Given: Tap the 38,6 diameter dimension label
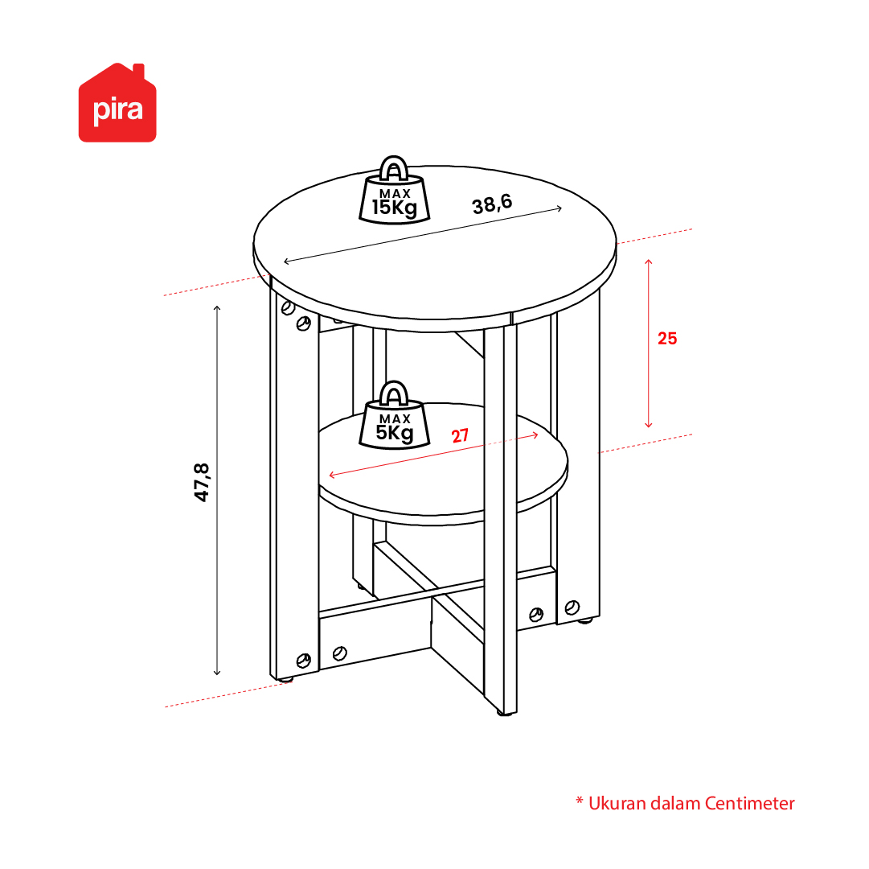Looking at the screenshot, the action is point(492,204).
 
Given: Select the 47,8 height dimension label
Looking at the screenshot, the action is point(202,483).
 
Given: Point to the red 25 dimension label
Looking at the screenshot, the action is point(667,338).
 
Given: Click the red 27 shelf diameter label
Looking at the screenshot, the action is point(460,436).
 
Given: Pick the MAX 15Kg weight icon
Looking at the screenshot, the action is point(394,190).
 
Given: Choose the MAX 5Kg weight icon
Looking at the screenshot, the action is point(394,415).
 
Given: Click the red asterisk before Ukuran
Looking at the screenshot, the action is point(579,801).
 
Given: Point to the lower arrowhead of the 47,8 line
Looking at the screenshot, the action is point(217,673).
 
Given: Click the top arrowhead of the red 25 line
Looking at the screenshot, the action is point(649,261).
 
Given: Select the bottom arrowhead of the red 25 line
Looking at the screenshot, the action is point(649,426).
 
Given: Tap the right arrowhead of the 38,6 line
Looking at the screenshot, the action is point(560,208).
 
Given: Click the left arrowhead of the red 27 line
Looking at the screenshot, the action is point(332,475).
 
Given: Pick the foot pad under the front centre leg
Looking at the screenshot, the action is point(505,713).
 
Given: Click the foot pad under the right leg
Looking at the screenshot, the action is point(584,620).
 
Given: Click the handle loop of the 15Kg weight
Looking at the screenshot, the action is point(393,167).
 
